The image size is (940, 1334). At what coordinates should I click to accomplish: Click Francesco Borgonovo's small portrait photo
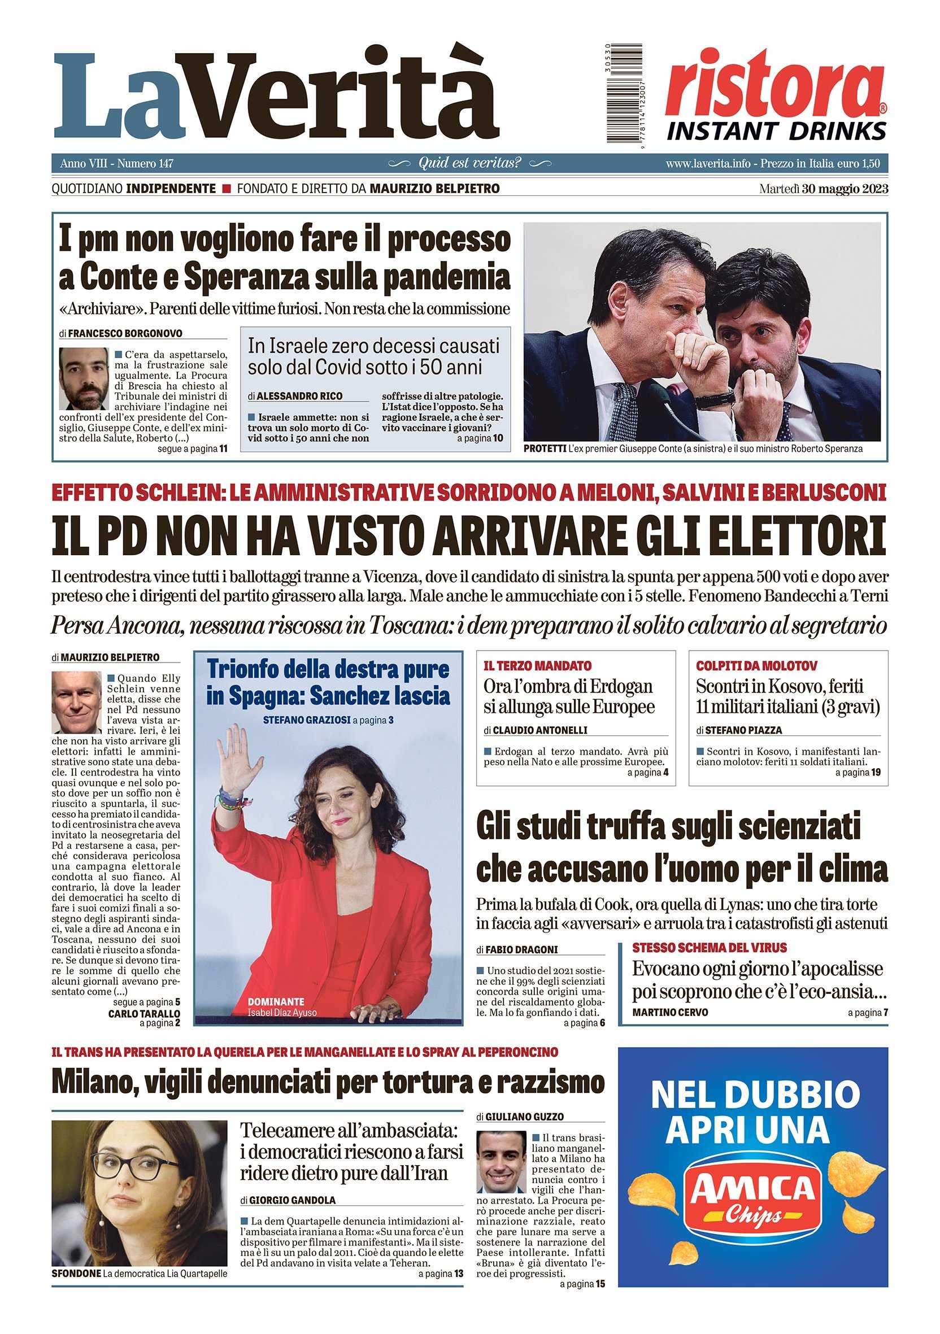84,379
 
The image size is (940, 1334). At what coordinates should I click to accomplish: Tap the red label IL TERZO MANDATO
537,666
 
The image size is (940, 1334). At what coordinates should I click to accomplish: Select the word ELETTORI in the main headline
782,534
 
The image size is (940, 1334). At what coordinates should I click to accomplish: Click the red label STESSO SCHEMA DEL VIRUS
710,948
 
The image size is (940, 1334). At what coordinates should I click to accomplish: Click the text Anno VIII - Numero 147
117,164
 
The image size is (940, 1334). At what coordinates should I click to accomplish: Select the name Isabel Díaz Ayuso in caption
282,1013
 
